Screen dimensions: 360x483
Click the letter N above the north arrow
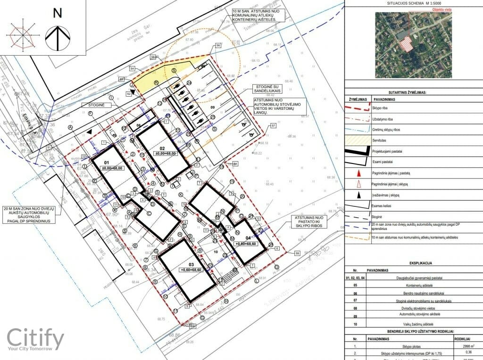58,13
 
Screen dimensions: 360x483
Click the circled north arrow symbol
58,38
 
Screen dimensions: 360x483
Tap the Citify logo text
35,338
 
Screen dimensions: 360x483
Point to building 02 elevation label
165,154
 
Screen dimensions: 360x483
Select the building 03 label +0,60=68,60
192,270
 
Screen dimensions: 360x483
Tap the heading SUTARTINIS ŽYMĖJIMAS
413,93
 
